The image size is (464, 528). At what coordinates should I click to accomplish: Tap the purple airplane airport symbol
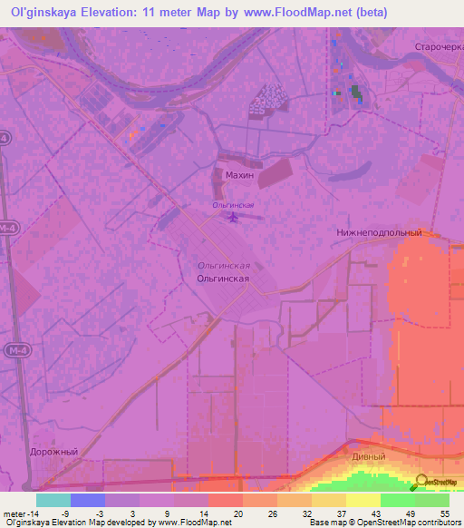234,217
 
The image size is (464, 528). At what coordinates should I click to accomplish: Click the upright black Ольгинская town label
223,280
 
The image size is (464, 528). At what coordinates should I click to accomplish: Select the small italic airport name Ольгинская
233,206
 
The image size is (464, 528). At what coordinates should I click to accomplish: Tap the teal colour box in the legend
53,500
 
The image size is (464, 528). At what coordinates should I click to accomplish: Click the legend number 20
237,513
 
